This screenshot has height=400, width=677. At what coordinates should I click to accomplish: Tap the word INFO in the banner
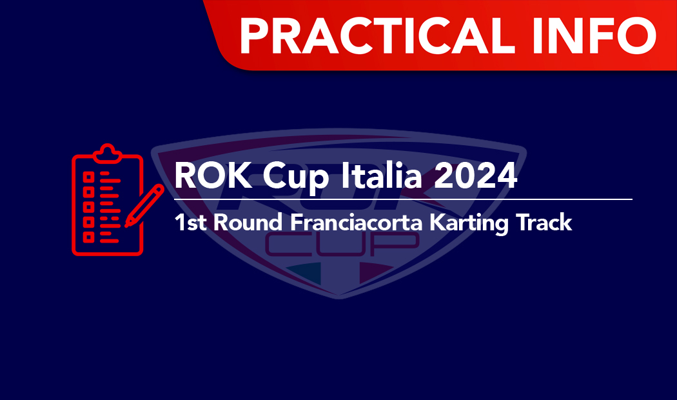click(594, 35)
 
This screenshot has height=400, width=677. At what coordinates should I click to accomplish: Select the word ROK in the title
click(213, 175)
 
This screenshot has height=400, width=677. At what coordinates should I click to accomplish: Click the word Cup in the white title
click(296, 177)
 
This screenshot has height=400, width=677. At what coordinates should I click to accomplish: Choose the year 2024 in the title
click(475, 175)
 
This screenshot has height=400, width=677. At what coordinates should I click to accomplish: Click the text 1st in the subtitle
click(190, 223)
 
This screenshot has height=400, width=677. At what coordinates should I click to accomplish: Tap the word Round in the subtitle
click(248, 222)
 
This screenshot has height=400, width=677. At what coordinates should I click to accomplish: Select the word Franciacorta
click(356, 222)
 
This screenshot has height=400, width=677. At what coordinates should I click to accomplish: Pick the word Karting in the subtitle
click(469, 224)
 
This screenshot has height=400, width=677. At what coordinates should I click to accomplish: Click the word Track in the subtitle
click(544, 222)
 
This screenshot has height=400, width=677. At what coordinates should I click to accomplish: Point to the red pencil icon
click(144, 206)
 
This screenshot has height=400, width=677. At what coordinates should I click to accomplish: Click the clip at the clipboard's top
click(108, 153)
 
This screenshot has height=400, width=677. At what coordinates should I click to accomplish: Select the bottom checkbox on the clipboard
click(88, 237)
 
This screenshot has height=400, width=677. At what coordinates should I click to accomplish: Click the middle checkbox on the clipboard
click(88, 207)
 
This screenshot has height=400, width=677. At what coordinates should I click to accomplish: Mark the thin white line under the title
click(403, 199)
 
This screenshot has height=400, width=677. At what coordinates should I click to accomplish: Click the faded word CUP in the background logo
click(341, 245)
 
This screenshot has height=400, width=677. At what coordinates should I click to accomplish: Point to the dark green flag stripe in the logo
click(304, 273)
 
